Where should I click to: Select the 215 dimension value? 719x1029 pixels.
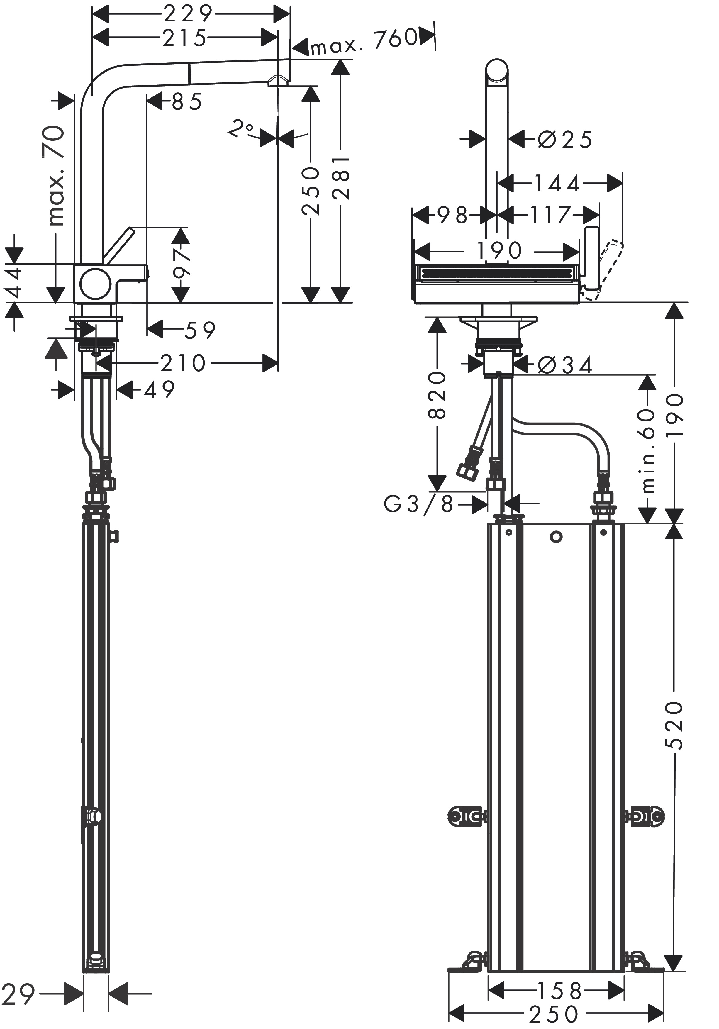(184, 38)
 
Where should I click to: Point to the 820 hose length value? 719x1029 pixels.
(437, 395)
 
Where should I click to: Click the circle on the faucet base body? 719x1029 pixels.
(95, 284)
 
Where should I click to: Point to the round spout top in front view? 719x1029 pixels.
(497, 70)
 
